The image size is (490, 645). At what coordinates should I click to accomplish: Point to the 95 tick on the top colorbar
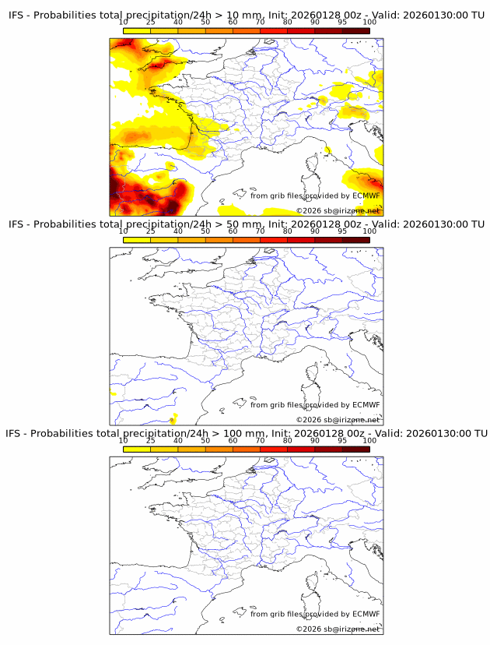point(342,23)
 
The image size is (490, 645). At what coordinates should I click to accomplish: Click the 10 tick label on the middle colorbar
point(124,231)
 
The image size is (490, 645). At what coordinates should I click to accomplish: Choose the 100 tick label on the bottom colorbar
point(369,440)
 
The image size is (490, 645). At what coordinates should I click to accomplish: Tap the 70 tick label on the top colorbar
point(260,23)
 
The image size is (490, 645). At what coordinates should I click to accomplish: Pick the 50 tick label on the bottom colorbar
point(205,440)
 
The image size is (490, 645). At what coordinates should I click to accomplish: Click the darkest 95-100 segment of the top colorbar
point(355,30)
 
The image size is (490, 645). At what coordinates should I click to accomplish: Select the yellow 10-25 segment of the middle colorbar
point(137,239)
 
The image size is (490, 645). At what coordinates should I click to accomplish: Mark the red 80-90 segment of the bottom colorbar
point(301,448)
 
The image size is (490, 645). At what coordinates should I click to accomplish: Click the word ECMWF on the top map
point(366,196)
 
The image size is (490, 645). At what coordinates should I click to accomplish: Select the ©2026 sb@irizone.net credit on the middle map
point(338,420)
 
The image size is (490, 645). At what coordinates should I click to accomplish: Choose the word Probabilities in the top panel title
point(66,15)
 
